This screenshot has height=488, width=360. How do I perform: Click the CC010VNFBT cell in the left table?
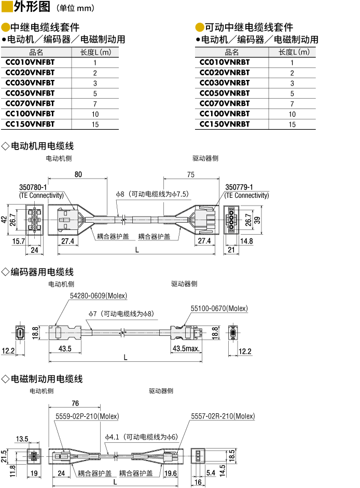tap(30, 62)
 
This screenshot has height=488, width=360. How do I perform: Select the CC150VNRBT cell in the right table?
tap(225, 124)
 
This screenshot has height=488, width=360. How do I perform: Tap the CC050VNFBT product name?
tap(30, 93)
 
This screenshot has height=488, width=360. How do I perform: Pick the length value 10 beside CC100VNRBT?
tap(292, 114)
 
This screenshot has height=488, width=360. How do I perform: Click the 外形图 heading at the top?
tap(33, 7)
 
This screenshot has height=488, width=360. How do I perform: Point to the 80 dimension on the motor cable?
tap(78, 174)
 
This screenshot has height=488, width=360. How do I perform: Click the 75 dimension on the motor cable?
tap(190, 174)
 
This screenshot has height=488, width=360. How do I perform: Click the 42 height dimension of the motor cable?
tap(4, 220)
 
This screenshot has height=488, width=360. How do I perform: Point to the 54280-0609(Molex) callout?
tap(99, 296)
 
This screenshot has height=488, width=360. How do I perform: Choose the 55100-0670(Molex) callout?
tap(219, 308)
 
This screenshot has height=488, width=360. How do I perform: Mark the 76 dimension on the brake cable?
tap(75, 403)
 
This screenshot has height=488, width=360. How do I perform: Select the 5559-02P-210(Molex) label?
tap(87, 416)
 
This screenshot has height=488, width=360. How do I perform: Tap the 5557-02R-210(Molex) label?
tap(223, 416)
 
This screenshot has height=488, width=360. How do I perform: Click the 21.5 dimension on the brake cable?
tap(4, 455)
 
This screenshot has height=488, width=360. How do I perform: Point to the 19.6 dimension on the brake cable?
tap(171, 473)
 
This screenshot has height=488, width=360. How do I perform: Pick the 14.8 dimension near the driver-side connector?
tap(246, 241)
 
